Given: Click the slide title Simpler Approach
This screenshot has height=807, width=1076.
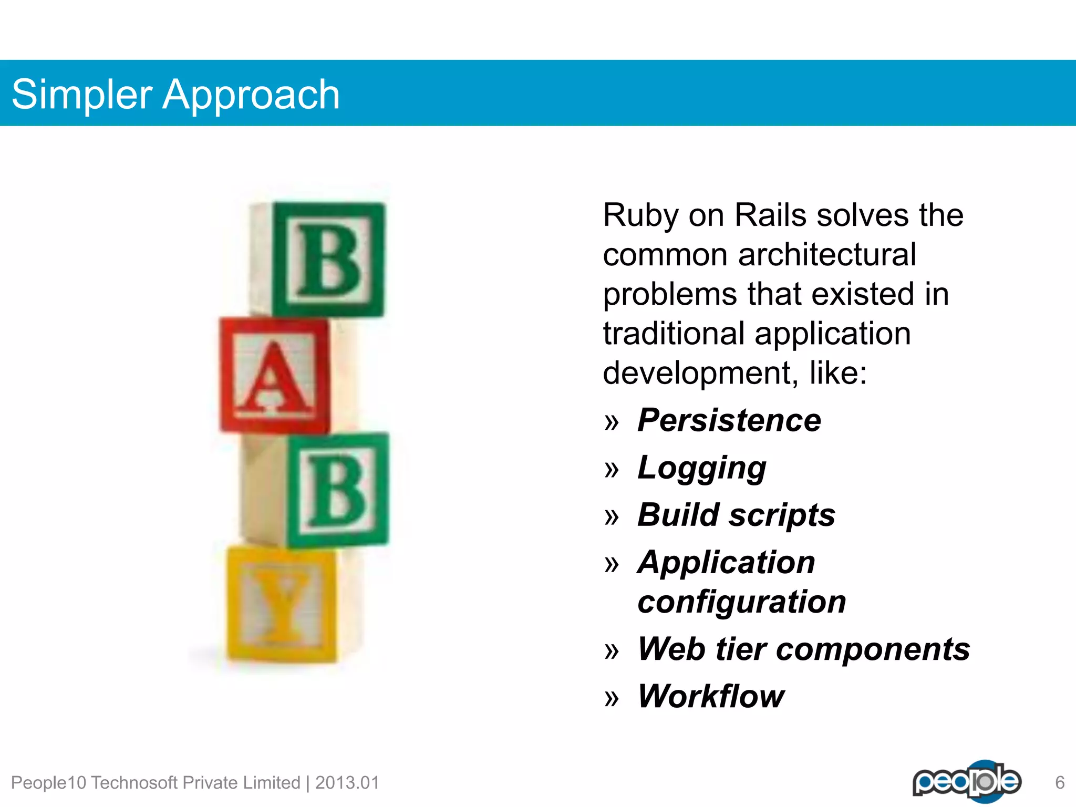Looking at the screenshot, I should coord(175,95).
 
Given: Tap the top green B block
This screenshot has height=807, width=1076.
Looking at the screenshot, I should coord(328,260).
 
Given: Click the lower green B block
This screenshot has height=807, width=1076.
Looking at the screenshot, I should coord(336,490).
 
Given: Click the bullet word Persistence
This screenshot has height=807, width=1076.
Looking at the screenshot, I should coord(729,420).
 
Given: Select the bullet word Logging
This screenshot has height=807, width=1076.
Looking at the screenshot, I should coord(701,468).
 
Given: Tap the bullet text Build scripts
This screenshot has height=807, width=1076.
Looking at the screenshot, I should coord(736,515).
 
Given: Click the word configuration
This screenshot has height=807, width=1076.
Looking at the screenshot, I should coord(741,602).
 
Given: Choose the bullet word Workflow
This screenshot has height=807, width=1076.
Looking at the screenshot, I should coord(710,697).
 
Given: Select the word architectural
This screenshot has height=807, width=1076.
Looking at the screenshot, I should coord(827,255).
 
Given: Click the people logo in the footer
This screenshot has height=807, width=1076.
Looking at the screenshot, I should coord(966,781).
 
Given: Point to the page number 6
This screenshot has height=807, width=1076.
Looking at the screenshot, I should coord(1060,783).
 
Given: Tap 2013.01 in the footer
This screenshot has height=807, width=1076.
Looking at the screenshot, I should coord(347,783).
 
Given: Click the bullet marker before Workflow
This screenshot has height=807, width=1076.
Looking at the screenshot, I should coord(612,699).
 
